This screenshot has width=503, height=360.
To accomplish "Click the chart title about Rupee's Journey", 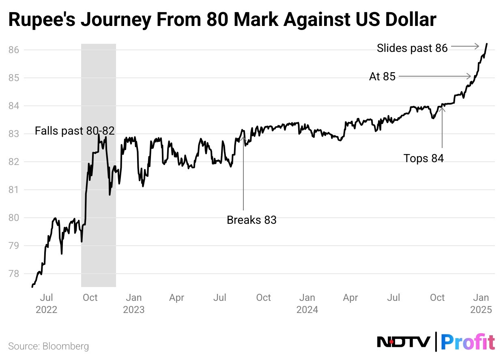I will click(222, 20).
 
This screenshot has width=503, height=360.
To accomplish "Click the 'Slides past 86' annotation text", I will click(412, 48).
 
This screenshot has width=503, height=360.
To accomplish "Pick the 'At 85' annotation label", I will click(382, 76).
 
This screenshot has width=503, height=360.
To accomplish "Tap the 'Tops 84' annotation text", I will click(423, 159).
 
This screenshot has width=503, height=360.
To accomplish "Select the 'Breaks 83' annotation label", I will click(251, 220).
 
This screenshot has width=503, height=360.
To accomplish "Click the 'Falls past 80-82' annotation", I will click(75, 131).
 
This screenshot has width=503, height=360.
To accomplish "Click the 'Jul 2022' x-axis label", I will click(46, 303).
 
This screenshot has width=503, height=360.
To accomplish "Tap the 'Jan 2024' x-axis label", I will click(307, 303).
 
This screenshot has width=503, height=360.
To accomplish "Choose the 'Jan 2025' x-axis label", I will click(481, 303).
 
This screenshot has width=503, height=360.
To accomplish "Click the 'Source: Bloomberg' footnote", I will click(49, 346).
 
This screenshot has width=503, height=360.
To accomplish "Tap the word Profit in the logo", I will click(468, 342).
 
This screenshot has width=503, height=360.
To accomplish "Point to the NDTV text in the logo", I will click(404, 342).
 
